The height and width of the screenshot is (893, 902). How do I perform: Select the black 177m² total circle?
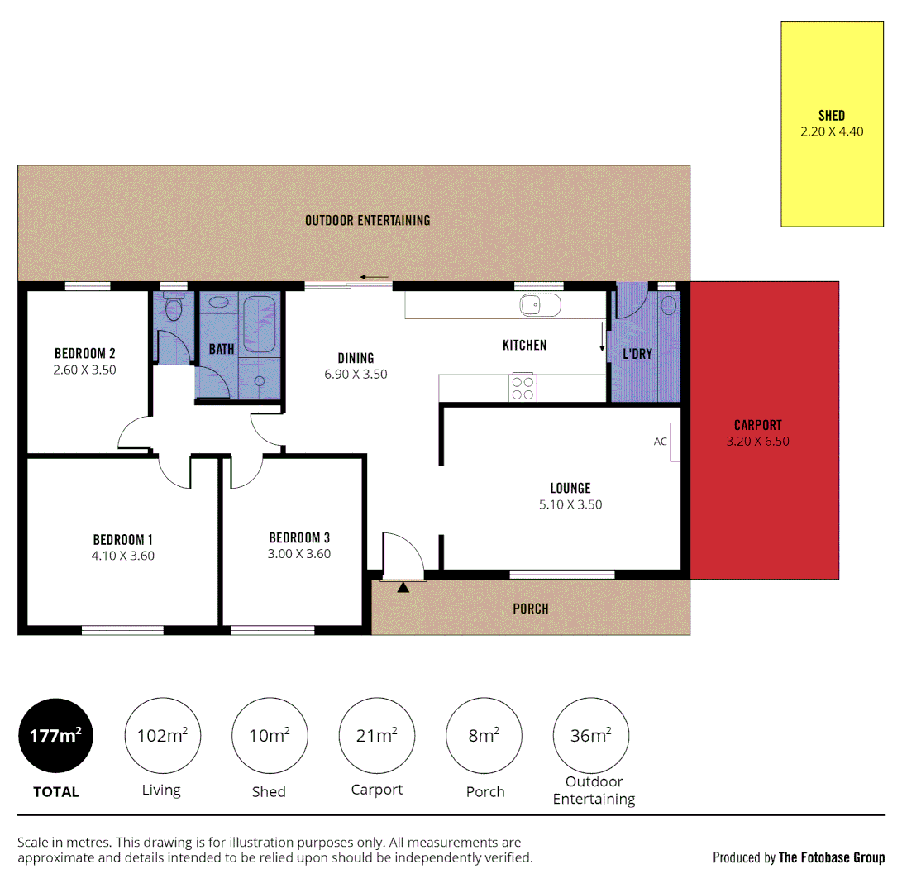tap(56, 735)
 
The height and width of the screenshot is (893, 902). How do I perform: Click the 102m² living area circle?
tap(162, 735)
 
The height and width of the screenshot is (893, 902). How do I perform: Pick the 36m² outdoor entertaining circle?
tap(591, 735)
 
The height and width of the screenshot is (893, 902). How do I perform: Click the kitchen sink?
tap(541, 305)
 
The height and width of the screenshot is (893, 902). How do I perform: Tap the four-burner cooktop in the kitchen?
tap(523, 388)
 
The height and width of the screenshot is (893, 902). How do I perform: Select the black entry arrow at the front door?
tap(403, 588)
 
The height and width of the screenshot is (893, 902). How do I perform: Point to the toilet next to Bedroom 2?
tap(173, 309)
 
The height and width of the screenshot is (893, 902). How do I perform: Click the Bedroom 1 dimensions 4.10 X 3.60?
tap(124, 556)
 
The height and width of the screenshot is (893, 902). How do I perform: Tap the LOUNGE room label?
tap(570, 488)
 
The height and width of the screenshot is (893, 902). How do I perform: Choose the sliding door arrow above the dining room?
tap(374, 277)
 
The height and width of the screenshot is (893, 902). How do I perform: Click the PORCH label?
tap(531, 609)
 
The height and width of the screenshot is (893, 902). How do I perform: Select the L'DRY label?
tap(637, 354)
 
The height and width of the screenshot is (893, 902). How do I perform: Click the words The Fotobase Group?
tap(832, 857)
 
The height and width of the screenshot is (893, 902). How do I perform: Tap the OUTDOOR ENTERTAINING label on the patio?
tap(368, 220)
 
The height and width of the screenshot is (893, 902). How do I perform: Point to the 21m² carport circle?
tap(377, 735)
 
